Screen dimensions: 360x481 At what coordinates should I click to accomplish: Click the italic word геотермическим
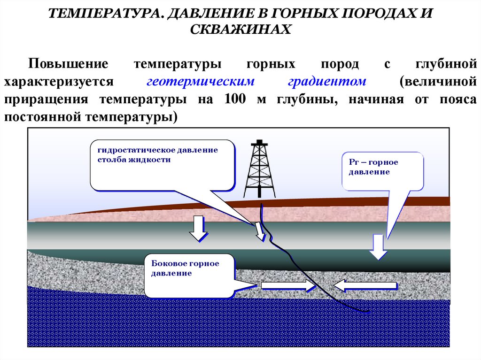click(x=201, y=81)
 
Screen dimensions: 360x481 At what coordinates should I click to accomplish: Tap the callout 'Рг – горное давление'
click(x=383, y=171)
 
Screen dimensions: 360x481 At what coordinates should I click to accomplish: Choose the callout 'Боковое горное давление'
click(x=189, y=275)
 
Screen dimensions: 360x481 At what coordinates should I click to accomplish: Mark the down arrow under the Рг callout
click(x=378, y=246)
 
